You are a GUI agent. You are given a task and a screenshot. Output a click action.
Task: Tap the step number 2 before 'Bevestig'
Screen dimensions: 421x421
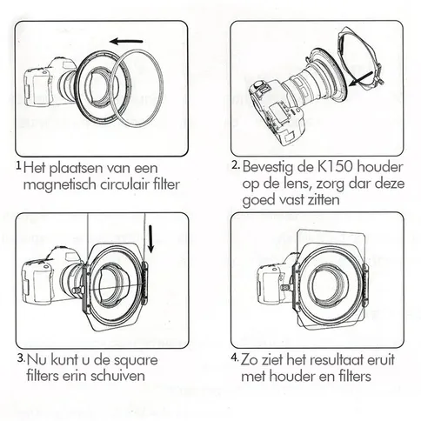pyautogui.click(x=235, y=164)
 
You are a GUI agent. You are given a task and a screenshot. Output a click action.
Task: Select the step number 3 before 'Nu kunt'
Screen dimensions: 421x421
pyautogui.click(x=19, y=357)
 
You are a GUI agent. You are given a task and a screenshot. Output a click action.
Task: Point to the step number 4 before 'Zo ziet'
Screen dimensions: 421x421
pyautogui.click(x=235, y=357)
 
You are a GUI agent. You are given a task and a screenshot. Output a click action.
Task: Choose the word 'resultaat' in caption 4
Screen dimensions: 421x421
pyautogui.click(x=344, y=359)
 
